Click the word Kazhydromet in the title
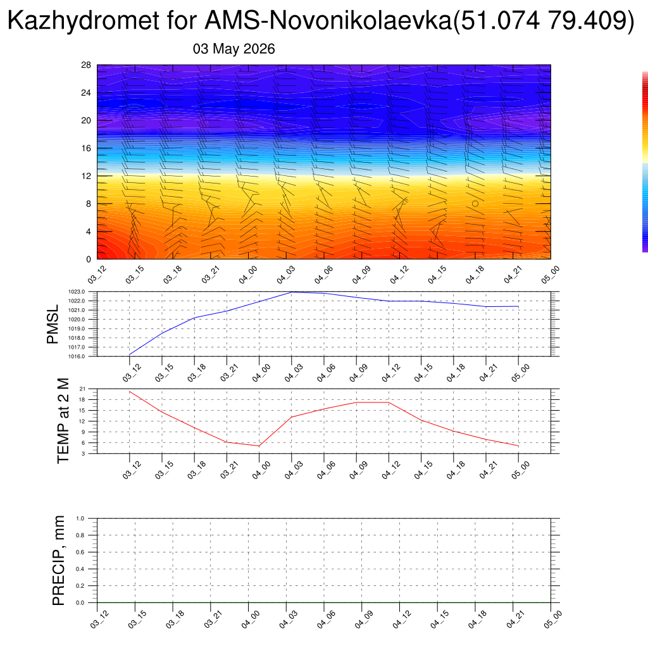pyautogui.click(x=83, y=20)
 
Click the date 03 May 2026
pyautogui.click(x=234, y=49)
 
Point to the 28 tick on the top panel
pyautogui.click(x=86, y=65)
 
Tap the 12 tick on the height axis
pyautogui.click(x=86, y=176)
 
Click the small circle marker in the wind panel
pyautogui.click(x=475, y=204)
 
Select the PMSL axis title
pyautogui.click(x=53, y=325)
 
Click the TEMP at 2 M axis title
pyautogui.click(x=63, y=421)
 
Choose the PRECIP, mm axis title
pyautogui.click(x=59, y=561)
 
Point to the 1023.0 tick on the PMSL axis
pyautogui.click(x=77, y=292)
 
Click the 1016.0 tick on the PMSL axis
pyautogui.click(x=77, y=356)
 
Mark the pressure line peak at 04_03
pyautogui.click(x=291, y=292)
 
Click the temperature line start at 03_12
pyautogui.click(x=130, y=391)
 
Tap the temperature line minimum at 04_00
pyautogui.click(x=259, y=446)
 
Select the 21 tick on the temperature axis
pyautogui.click(x=83, y=389)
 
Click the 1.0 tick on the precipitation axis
pyautogui.click(x=80, y=518)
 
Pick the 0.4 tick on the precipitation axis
pyautogui.click(x=80, y=569)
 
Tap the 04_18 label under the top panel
pyautogui.click(x=475, y=275)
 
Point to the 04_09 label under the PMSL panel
pyautogui.click(x=358, y=373)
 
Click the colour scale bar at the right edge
pyautogui.click(x=645, y=161)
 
